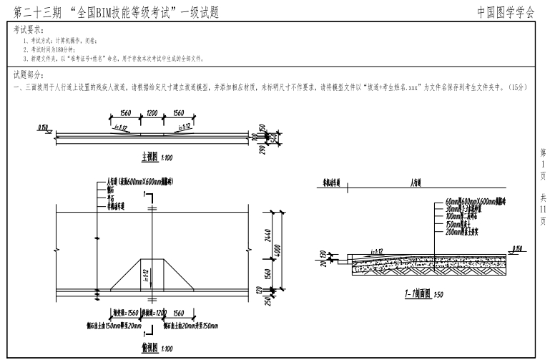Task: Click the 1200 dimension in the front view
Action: (151, 114)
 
